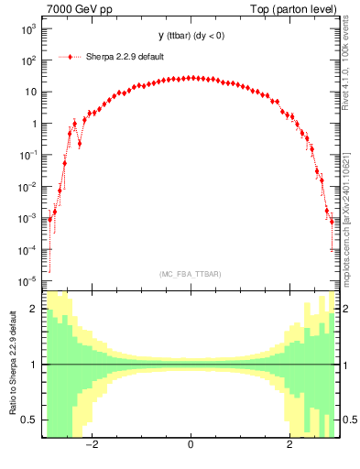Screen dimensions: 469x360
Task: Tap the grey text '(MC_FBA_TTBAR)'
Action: coord(190,274)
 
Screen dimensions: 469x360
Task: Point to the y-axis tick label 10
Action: coord(29,93)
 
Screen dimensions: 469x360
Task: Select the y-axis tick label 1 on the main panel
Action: coord(33,124)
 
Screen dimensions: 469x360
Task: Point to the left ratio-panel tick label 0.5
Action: coord(29,420)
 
